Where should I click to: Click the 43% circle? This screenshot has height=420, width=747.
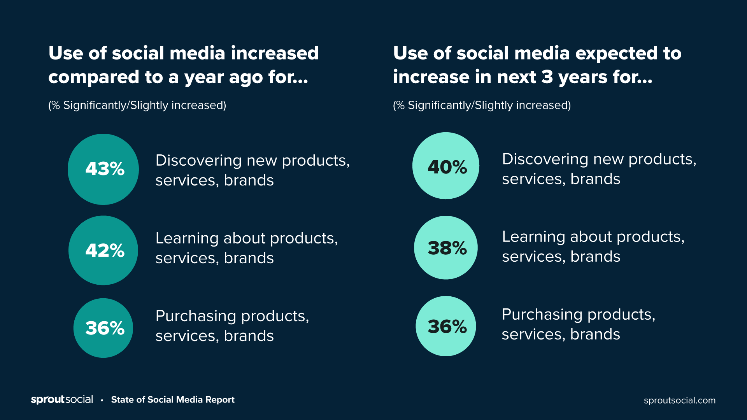pos(103,169)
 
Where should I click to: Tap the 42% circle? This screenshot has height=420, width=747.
pos(103,250)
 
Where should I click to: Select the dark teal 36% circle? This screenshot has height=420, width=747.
pos(103,328)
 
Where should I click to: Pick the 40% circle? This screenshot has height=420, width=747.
pos(446,166)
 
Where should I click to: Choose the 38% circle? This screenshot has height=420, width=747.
pos(446,248)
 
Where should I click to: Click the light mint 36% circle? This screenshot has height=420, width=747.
pos(446,326)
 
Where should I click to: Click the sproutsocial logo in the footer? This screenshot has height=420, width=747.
pos(62,399)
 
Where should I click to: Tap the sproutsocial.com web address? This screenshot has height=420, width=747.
pos(679,400)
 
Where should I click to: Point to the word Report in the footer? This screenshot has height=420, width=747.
pos(220,400)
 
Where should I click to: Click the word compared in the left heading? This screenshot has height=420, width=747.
pos(94,77)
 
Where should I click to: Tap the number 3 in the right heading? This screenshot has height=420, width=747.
pos(547,77)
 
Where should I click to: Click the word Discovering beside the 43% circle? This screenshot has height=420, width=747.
pos(198,160)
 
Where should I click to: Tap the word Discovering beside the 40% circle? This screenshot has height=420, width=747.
pos(545,159)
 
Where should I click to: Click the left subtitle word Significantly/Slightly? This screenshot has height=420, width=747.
pos(116,105)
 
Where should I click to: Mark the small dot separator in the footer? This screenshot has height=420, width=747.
pos(102,400)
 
